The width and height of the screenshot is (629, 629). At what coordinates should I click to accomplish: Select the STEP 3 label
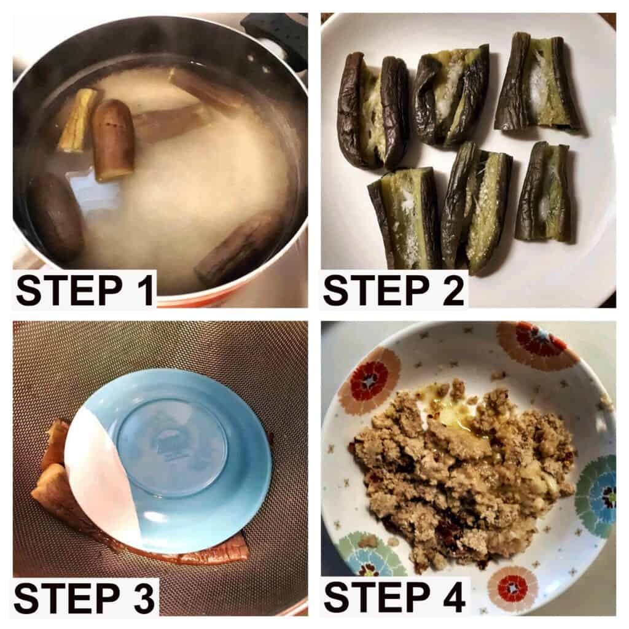84,598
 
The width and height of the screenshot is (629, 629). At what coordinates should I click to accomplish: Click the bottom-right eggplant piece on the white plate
547,192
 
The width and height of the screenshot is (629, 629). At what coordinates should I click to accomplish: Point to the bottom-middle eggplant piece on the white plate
477,209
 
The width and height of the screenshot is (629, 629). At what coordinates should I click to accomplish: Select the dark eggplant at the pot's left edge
56,217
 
